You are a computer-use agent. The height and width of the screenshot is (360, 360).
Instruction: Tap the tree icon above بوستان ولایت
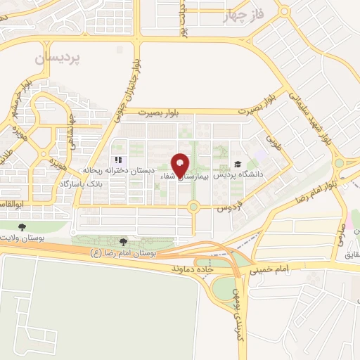coord(23,227)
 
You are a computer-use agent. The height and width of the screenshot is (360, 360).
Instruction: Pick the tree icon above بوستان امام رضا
coord(124,242)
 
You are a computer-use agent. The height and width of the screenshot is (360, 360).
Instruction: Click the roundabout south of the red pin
coord(193,207)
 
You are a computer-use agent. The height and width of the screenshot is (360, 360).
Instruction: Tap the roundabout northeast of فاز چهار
coord(283,11)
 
